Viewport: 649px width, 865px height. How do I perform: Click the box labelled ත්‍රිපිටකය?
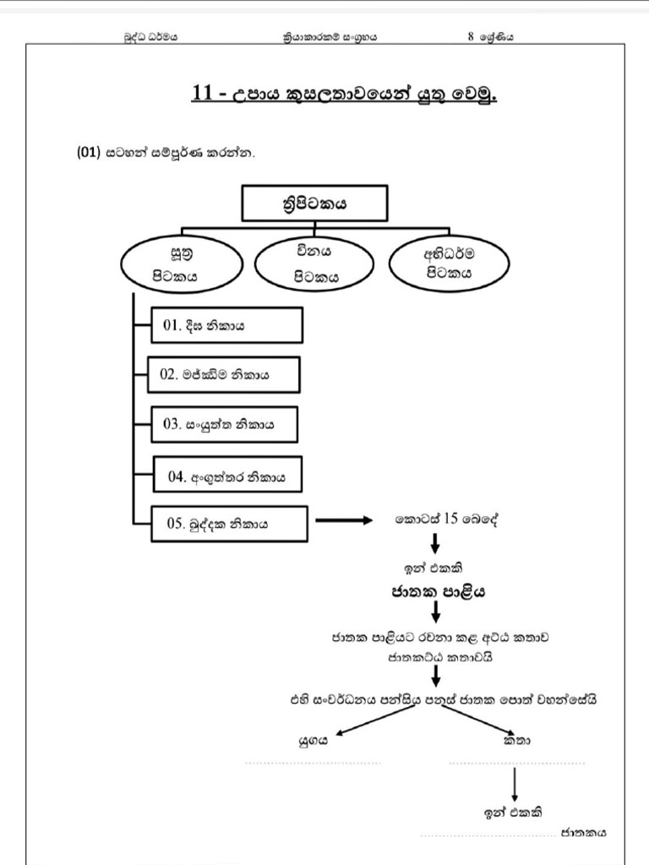pyautogui.click(x=314, y=204)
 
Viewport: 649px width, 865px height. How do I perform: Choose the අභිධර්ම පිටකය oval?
pyautogui.click(x=449, y=263)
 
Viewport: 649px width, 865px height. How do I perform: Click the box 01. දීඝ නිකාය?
pyautogui.click(x=227, y=326)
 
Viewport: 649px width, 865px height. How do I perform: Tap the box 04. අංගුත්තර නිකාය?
pyautogui.click(x=227, y=476)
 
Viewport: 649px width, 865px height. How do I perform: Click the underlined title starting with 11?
pyautogui.click(x=345, y=93)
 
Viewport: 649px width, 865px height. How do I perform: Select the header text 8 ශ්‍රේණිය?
pyautogui.click(x=491, y=36)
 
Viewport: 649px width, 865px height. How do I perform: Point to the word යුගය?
pyautogui.click(x=313, y=741)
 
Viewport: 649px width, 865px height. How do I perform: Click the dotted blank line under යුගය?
pyautogui.click(x=313, y=763)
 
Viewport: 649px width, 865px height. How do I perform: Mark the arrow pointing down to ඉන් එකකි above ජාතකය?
pyautogui.click(x=515, y=785)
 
